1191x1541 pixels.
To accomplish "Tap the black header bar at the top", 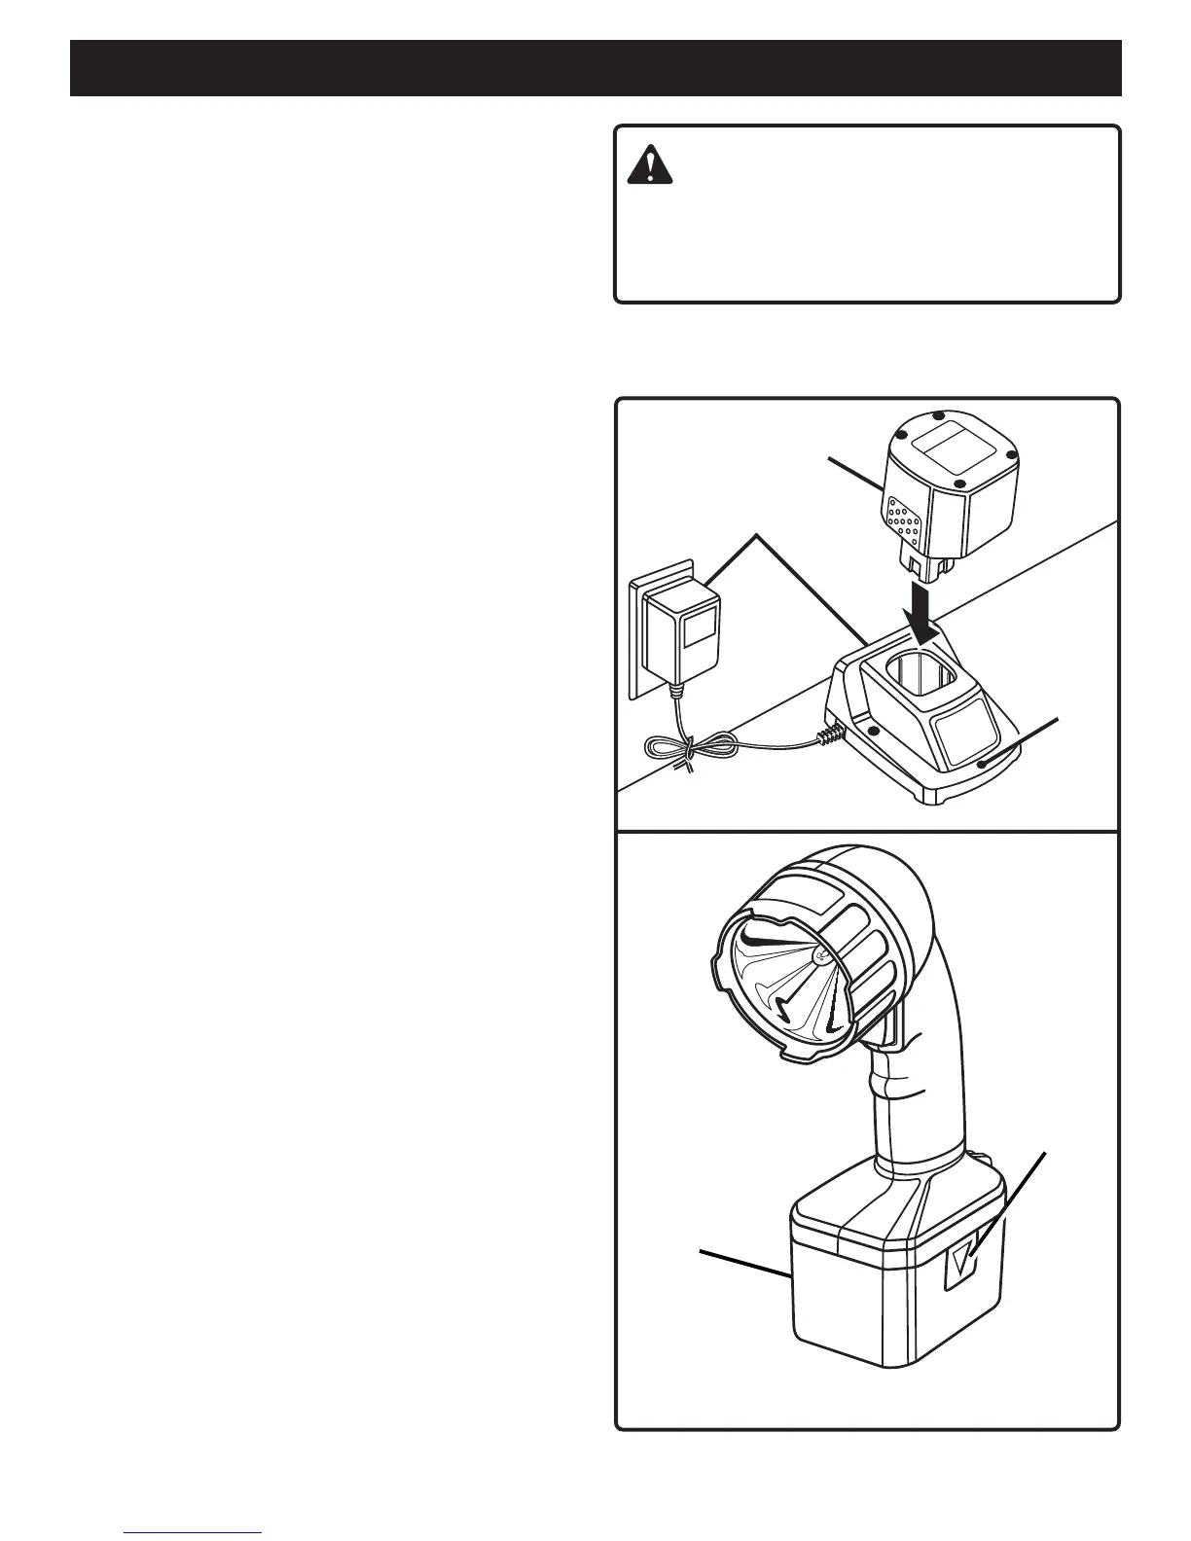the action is [x=595, y=68].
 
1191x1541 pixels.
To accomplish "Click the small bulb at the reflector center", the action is [x=820, y=955].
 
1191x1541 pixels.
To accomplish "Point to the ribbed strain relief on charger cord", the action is [x=828, y=735].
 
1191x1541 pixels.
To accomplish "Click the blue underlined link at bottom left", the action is [x=194, y=1532].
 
